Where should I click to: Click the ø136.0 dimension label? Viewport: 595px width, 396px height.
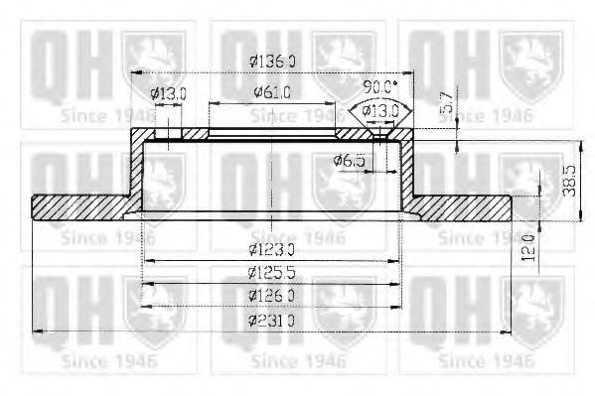pos(272,61)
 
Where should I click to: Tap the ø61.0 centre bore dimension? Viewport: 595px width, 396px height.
pos(271,93)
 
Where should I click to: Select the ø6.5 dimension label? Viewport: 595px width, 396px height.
pos(350,159)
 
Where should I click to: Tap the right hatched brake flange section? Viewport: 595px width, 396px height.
pos(459,205)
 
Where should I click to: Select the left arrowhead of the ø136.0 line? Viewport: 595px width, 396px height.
pos(136,74)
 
